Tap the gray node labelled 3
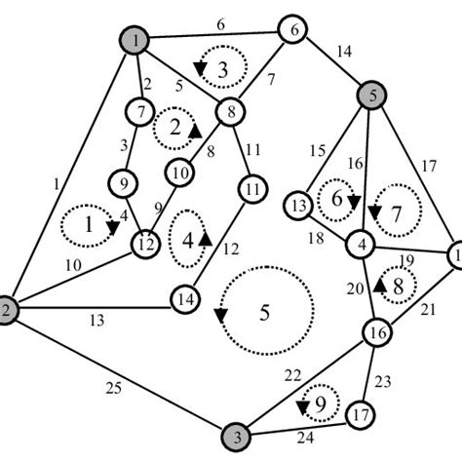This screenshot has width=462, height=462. tap(235, 434)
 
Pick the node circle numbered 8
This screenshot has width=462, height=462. tap(231, 111)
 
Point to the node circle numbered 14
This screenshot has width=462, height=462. tap(185, 298)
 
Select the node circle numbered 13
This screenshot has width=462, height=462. tap(300, 206)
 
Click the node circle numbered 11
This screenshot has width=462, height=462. tap(252, 186)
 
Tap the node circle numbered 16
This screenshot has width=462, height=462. tap(376, 333)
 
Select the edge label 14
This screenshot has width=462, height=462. tap(341, 55)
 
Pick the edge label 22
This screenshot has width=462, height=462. tap(292, 375)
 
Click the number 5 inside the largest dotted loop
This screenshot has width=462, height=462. tap(265, 314)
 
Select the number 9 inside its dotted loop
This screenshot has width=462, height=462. tap(318, 400)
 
